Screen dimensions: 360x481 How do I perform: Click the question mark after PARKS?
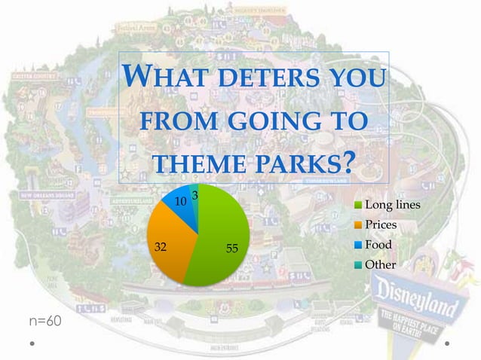[x=348, y=162]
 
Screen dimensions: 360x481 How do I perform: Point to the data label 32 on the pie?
[x=161, y=246]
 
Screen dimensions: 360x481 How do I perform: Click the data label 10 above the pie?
[x=180, y=202]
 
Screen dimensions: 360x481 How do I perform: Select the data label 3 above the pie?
[x=195, y=196]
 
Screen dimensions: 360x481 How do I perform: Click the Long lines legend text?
[x=393, y=206]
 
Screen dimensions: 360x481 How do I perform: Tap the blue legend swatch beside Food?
[x=358, y=245]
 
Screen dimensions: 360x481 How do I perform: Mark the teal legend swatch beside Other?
[x=358, y=264]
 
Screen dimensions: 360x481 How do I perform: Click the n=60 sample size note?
[x=45, y=322]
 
